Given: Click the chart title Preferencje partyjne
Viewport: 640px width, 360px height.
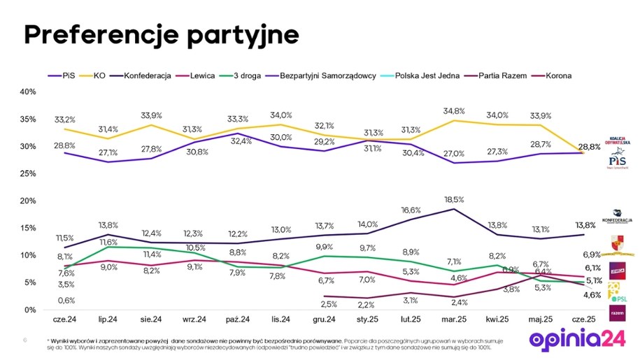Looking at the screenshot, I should [x=162, y=34].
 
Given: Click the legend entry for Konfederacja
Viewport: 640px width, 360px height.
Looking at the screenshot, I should [x=149, y=75].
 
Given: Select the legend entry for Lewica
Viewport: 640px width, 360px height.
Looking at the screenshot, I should [x=199, y=75].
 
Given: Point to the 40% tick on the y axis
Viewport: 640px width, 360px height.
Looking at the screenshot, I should [x=27, y=92].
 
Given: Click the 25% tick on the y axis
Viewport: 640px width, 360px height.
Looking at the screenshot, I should [x=27, y=173].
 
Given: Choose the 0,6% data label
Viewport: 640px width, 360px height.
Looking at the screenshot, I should [x=66, y=301].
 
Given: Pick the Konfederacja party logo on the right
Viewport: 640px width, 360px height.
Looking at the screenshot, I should [x=617, y=217].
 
